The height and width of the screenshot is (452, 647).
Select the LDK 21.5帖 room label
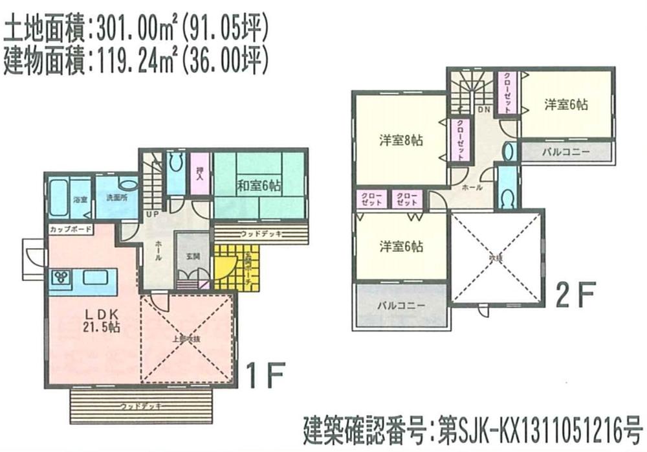point(101,320)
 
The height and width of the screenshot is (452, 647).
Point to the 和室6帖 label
point(259,186)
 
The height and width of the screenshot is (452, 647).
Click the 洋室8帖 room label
point(400,140)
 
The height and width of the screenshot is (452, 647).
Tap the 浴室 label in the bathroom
point(81,199)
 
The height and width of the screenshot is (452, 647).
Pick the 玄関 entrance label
point(192,256)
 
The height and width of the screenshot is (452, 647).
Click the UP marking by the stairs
point(154,214)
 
